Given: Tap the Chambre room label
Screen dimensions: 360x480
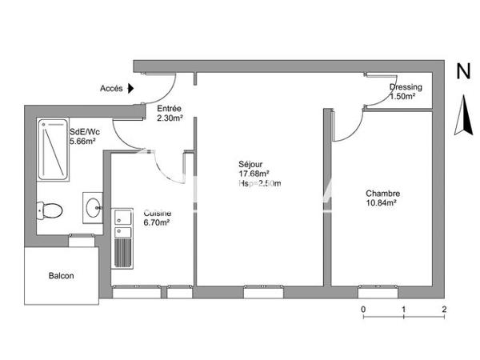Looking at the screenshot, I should (382, 194).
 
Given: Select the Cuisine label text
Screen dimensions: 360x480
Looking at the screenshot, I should (155, 214).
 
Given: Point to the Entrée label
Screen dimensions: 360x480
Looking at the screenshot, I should (169, 109).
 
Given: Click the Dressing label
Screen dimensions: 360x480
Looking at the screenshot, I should (406, 87).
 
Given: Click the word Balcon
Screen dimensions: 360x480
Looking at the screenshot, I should (62, 276).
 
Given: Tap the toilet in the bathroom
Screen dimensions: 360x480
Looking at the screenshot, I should (50, 211).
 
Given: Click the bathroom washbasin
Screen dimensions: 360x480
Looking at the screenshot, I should (93, 206).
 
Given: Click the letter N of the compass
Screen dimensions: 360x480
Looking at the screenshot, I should (462, 71).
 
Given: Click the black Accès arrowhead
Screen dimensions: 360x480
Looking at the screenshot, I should (131, 89).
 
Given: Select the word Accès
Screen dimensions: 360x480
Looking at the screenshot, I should (112, 89).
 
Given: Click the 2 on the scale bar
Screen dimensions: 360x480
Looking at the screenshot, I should (443, 308).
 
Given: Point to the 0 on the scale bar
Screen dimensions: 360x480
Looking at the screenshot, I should (363, 308).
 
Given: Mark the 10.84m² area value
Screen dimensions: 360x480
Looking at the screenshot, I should (382, 203).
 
